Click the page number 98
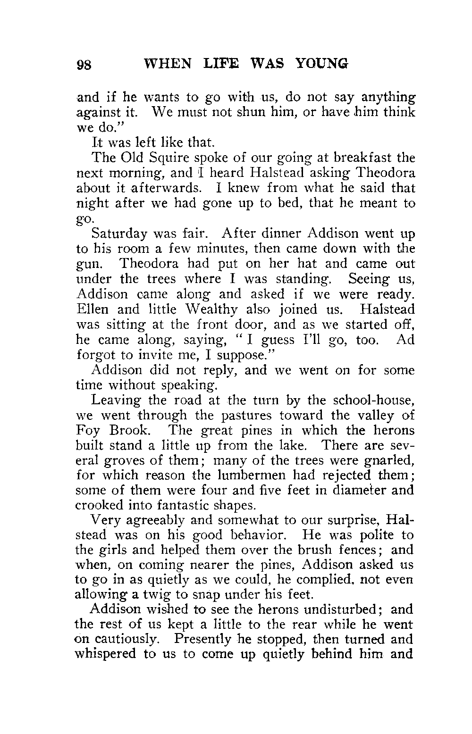(x=85, y=64)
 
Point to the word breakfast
(x=355, y=158)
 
